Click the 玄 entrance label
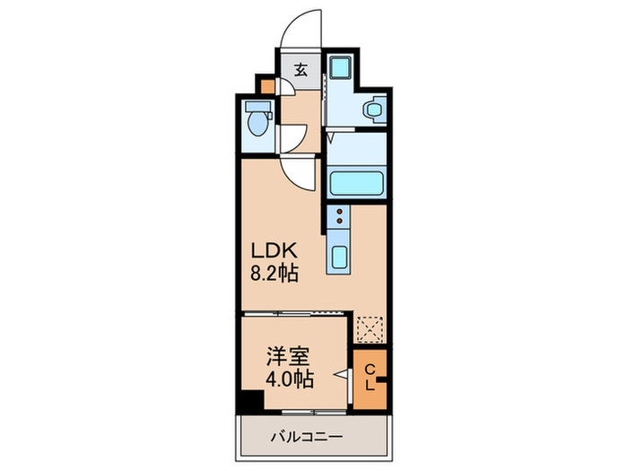click(x=301, y=70)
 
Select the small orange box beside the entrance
click(x=266, y=87)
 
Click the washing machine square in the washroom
click(x=340, y=69)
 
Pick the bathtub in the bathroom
click(x=357, y=183)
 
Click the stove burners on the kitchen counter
click(x=340, y=216)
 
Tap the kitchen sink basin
click(x=339, y=257)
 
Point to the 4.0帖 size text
click(x=289, y=379)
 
